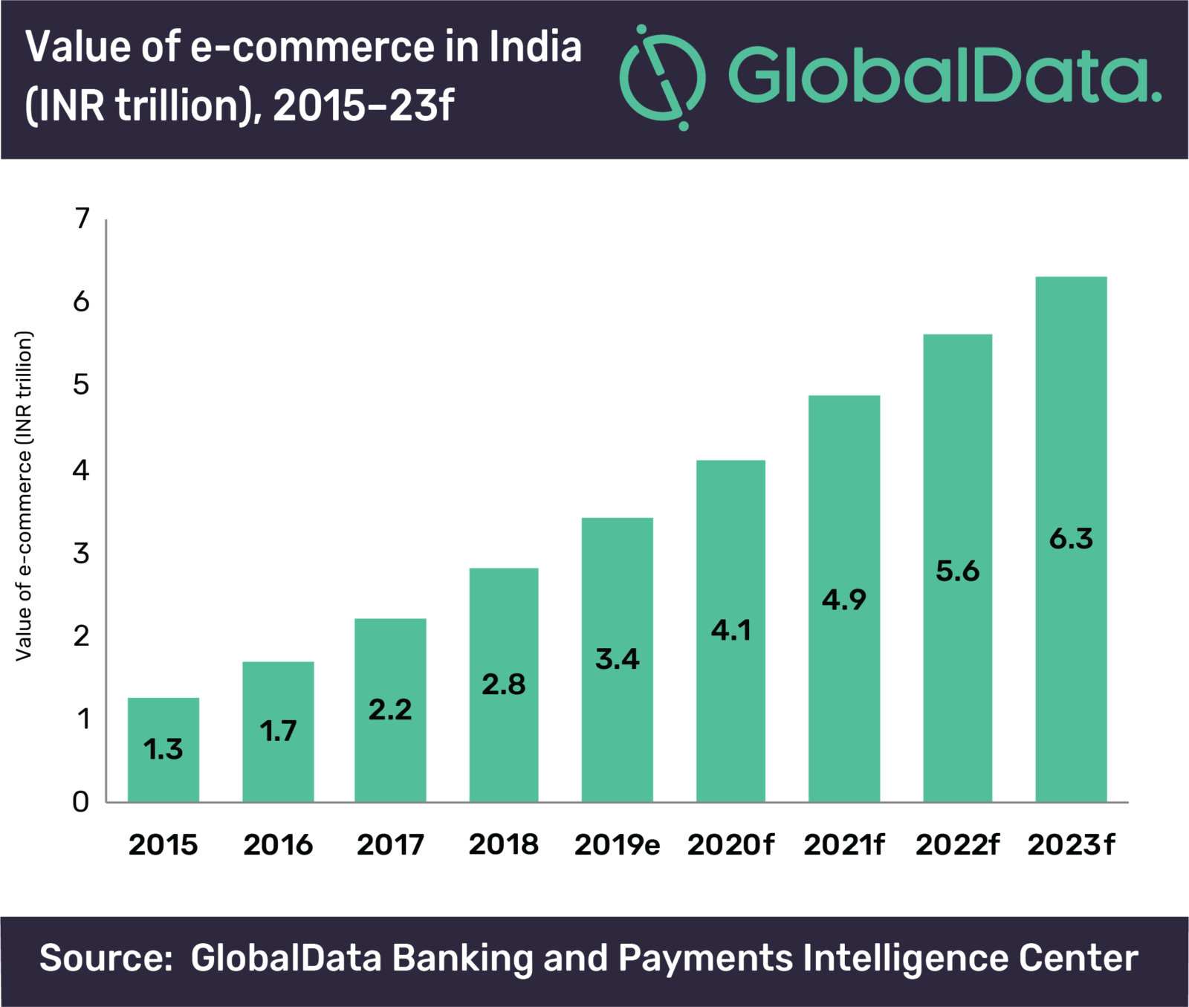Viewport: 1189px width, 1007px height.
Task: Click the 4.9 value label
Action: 844,600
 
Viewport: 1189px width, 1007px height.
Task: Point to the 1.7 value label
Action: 278,731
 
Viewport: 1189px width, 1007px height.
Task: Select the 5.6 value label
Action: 957,572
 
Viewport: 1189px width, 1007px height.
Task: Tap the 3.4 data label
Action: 617,659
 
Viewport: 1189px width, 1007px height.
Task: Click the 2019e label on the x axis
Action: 617,845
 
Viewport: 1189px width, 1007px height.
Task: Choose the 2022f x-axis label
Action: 957,845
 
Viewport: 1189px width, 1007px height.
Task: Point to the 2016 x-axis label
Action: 278,845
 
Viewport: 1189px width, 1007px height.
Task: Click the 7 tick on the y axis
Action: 82,218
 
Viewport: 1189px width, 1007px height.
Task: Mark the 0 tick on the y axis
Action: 81,802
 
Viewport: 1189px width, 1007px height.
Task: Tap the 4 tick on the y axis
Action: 81,470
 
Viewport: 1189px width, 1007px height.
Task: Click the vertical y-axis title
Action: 25,496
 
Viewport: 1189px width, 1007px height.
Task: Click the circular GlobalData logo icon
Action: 661,77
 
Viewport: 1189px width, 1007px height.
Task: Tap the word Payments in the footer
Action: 705,958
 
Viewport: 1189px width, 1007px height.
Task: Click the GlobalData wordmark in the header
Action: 944,76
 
